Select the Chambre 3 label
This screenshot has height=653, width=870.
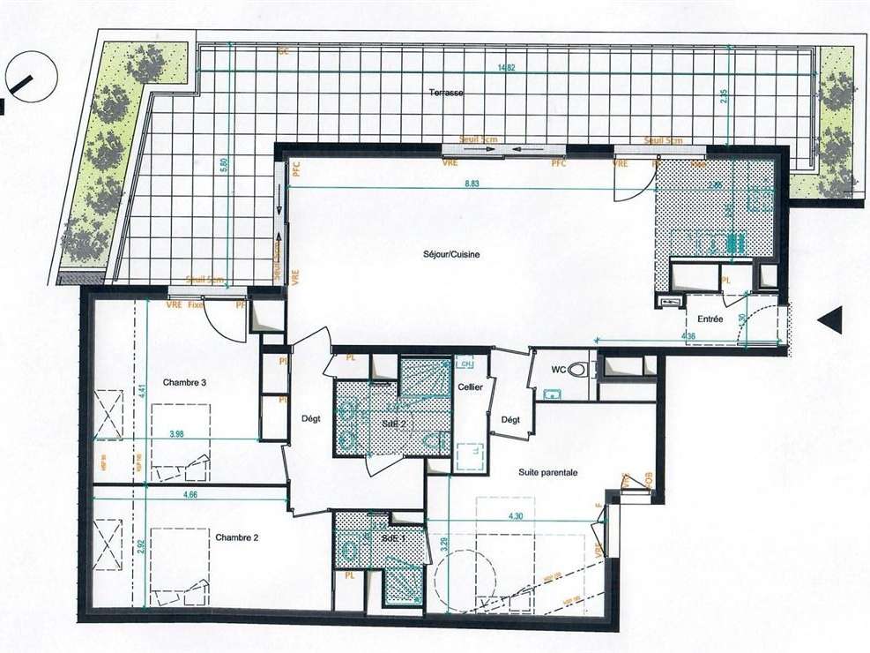[x=184, y=383]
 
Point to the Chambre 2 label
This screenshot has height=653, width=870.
[x=235, y=537]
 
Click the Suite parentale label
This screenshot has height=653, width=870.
[x=547, y=472]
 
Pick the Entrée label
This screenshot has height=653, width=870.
[x=710, y=319]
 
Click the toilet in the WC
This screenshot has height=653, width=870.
[x=577, y=371]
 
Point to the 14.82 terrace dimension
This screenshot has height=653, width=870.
[x=505, y=68]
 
